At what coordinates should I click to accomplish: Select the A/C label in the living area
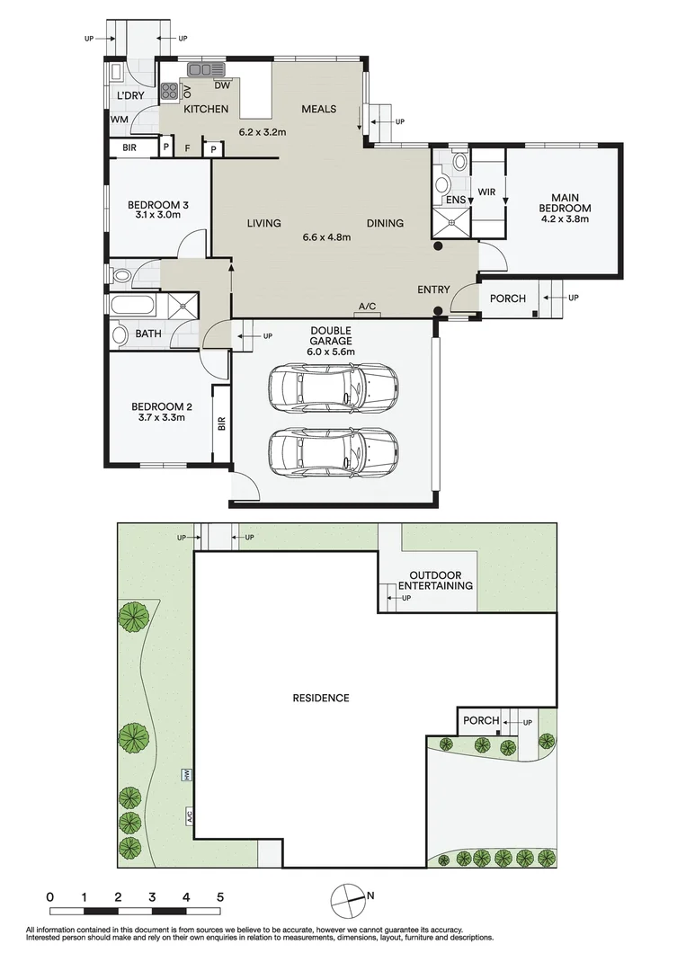pos(367,307)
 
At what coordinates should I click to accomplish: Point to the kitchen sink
pos(206,70)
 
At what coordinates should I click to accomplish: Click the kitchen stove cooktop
pos(169,90)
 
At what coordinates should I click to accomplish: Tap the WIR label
pos(486,192)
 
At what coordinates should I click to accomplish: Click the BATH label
pos(148,334)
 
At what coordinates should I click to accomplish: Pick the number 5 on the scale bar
pos(219,896)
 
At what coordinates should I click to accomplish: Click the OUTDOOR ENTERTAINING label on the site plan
pos(441,580)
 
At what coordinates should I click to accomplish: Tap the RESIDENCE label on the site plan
pos(320,698)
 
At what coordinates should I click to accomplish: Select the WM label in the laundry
pos(119,119)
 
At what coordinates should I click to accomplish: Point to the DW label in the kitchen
pos(222,86)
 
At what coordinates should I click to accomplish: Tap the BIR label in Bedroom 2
pos(221,423)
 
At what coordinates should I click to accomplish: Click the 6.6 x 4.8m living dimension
pos(325,237)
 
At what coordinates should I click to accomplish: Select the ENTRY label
pos(433,290)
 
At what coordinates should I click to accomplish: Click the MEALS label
pos(318,109)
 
